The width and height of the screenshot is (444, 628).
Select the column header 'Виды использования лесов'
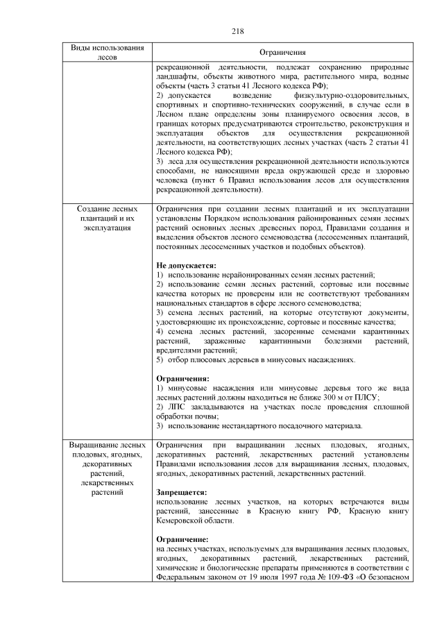[x=108, y=52]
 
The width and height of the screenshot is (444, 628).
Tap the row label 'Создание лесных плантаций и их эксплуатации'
[x=108, y=217]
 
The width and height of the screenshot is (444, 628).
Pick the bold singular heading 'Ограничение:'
[x=183, y=538]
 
